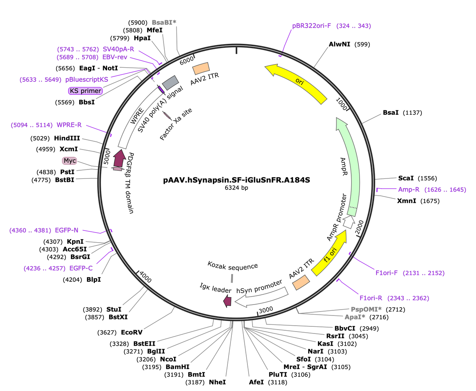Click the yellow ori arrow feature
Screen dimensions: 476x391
click(x=300, y=81)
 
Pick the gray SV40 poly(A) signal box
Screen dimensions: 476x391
click(x=171, y=83)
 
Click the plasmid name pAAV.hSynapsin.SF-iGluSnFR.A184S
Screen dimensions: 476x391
click(x=236, y=180)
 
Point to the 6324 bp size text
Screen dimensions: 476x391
click(x=236, y=188)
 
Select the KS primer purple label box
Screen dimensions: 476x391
click(x=85, y=91)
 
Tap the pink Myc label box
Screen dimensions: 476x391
click(x=69, y=161)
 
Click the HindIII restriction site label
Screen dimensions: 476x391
click(x=67, y=138)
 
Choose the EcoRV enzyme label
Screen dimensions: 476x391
click(x=132, y=332)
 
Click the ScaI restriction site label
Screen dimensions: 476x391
click(x=406, y=178)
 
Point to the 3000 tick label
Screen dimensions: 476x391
click(x=266, y=310)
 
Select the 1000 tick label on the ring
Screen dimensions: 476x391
click(x=341, y=104)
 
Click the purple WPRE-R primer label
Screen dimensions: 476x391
click(x=69, y=125)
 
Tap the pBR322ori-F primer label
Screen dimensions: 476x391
click(x=311, y=26)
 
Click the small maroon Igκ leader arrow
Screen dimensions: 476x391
click(x=227, y=301)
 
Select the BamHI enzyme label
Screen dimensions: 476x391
click(x=178, y=367)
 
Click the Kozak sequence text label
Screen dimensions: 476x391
click(x=233, y=266)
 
